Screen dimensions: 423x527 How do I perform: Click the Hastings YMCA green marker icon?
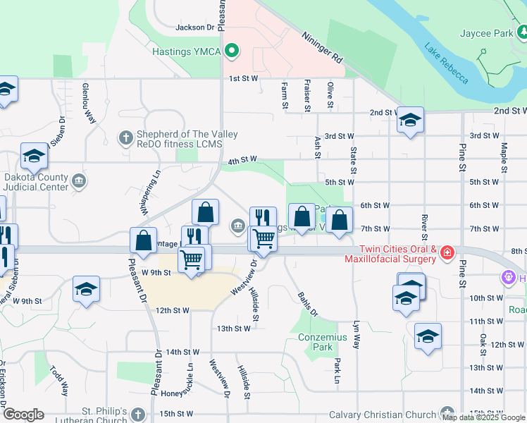pyautogui.click(x=230, y=51)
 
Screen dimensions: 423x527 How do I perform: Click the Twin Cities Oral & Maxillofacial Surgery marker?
pyautogui.click(x=447, y=252)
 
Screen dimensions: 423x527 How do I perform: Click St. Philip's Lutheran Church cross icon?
pyautogui.click(x=138, y=414)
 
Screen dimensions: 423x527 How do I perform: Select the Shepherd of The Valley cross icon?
pyautogui.click(x=126, y=137)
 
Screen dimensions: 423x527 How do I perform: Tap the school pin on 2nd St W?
pyautogui.click(x=409, y=121)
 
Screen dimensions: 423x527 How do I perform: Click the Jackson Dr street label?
pyautogui.click(x=194, y=27)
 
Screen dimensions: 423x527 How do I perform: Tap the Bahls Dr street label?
pyautogui.click(x=308, y=304)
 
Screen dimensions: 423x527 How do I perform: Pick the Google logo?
pyautogui.click(x=23, y=415)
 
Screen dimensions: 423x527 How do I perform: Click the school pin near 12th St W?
pyautogui.click(x=427, y=337)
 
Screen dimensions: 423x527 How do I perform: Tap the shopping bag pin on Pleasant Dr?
pyautogui.click(x=143, y=240)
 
